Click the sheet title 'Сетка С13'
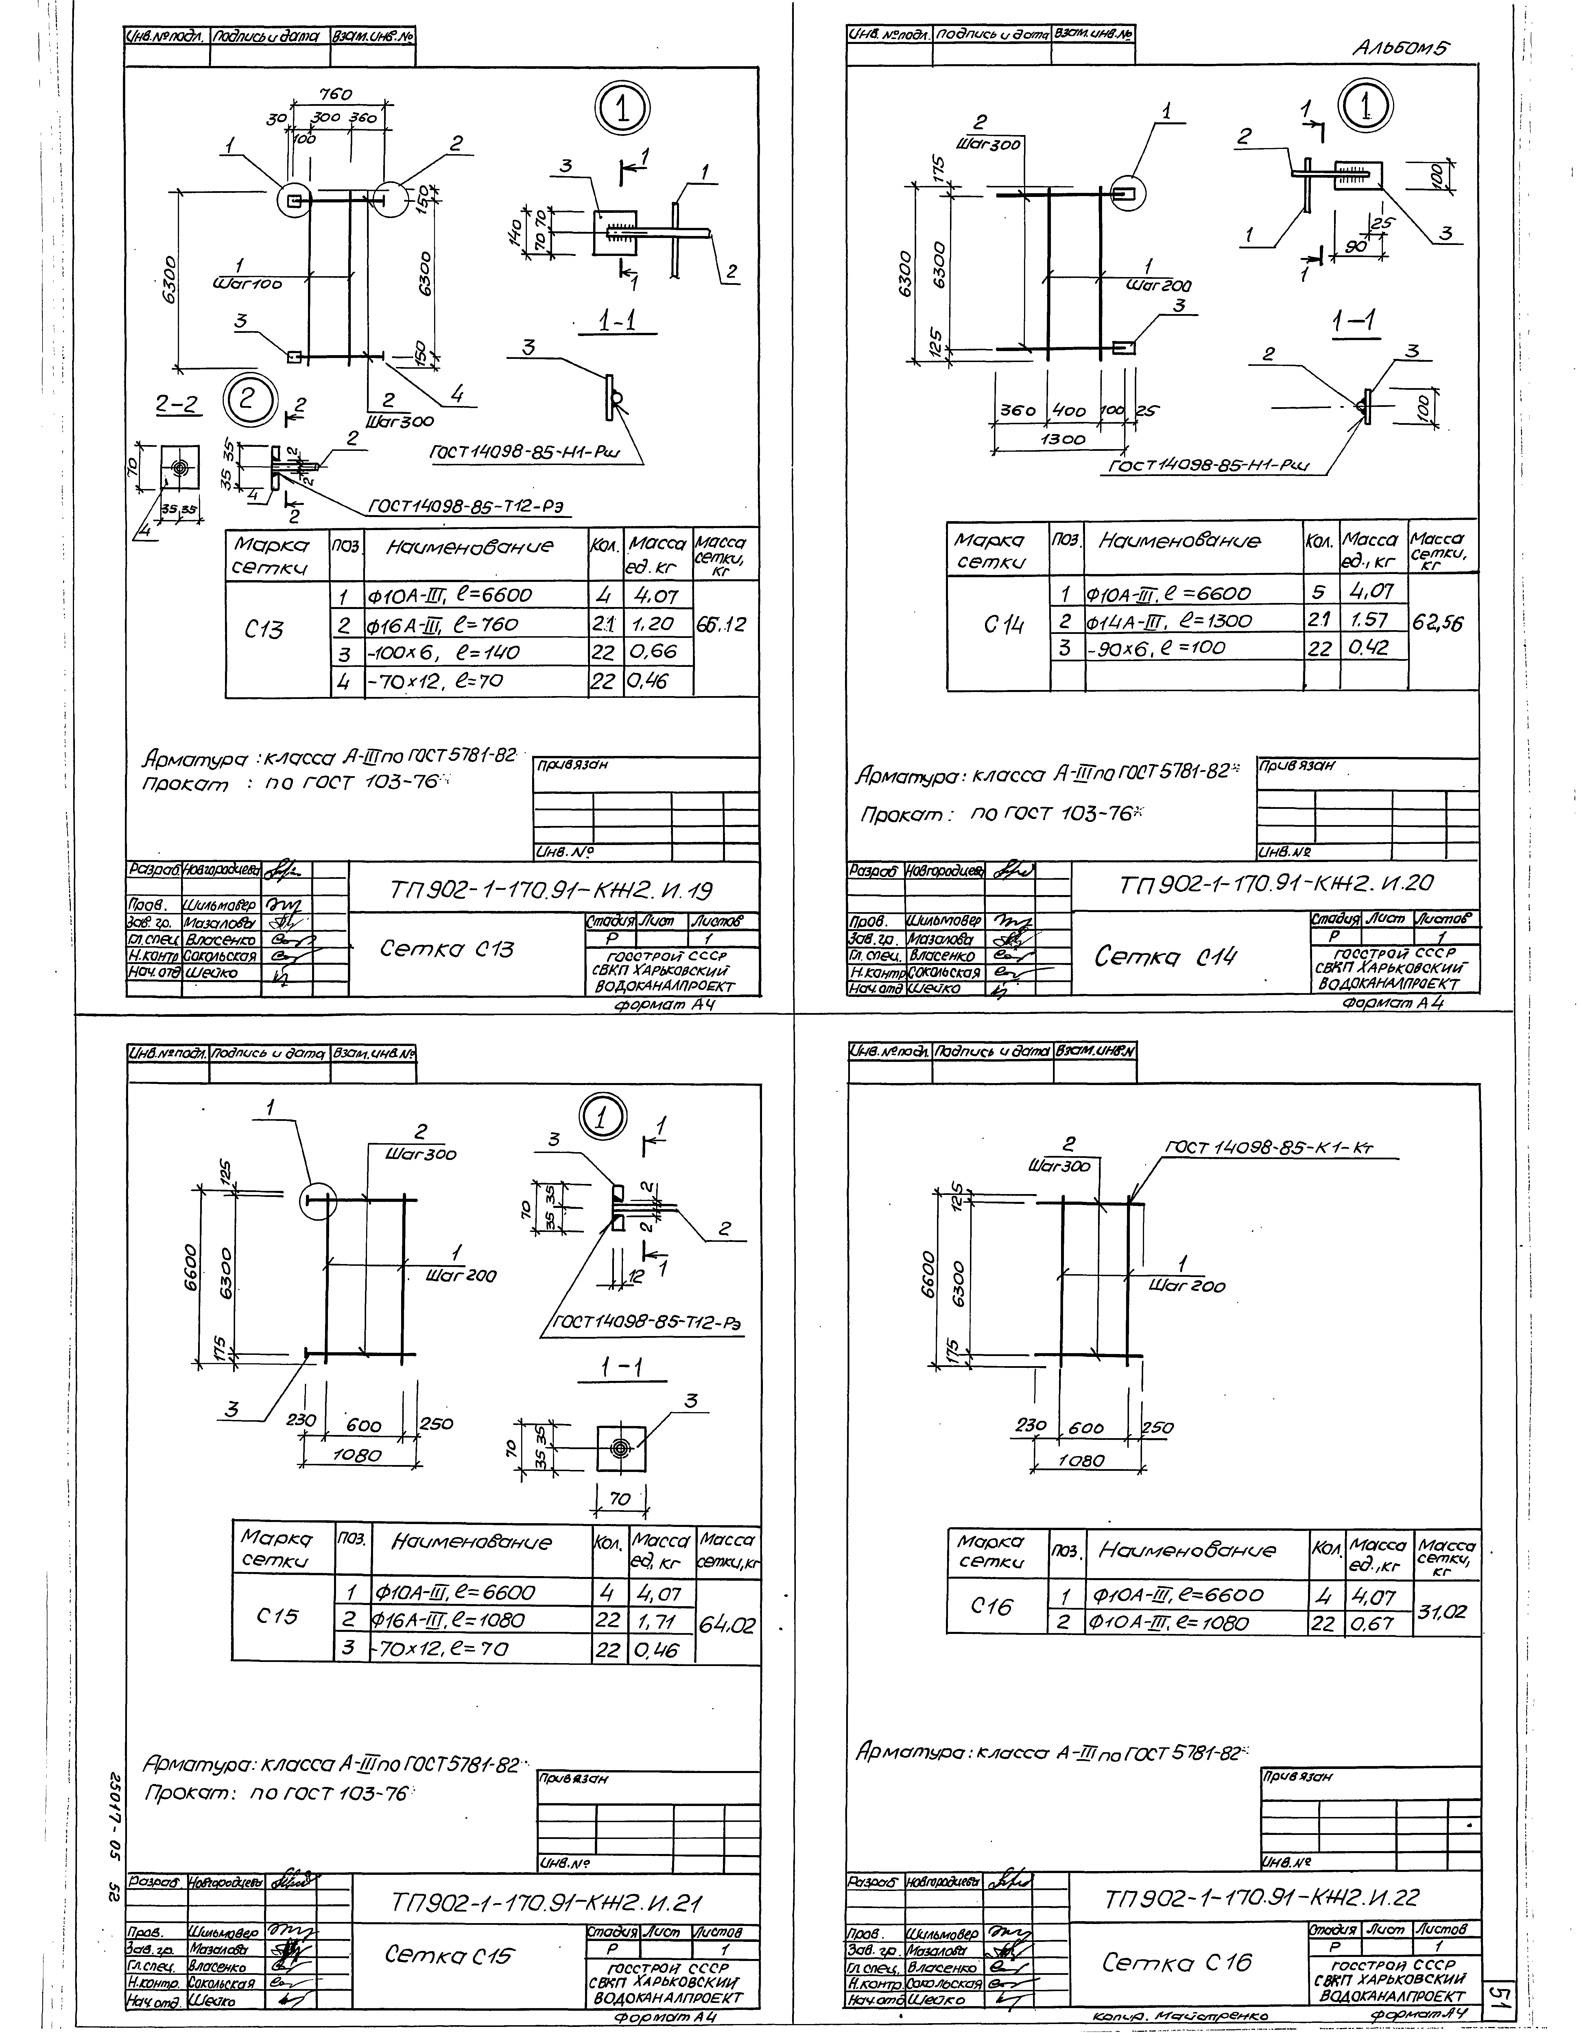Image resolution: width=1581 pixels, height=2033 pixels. tap(447, 949)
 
